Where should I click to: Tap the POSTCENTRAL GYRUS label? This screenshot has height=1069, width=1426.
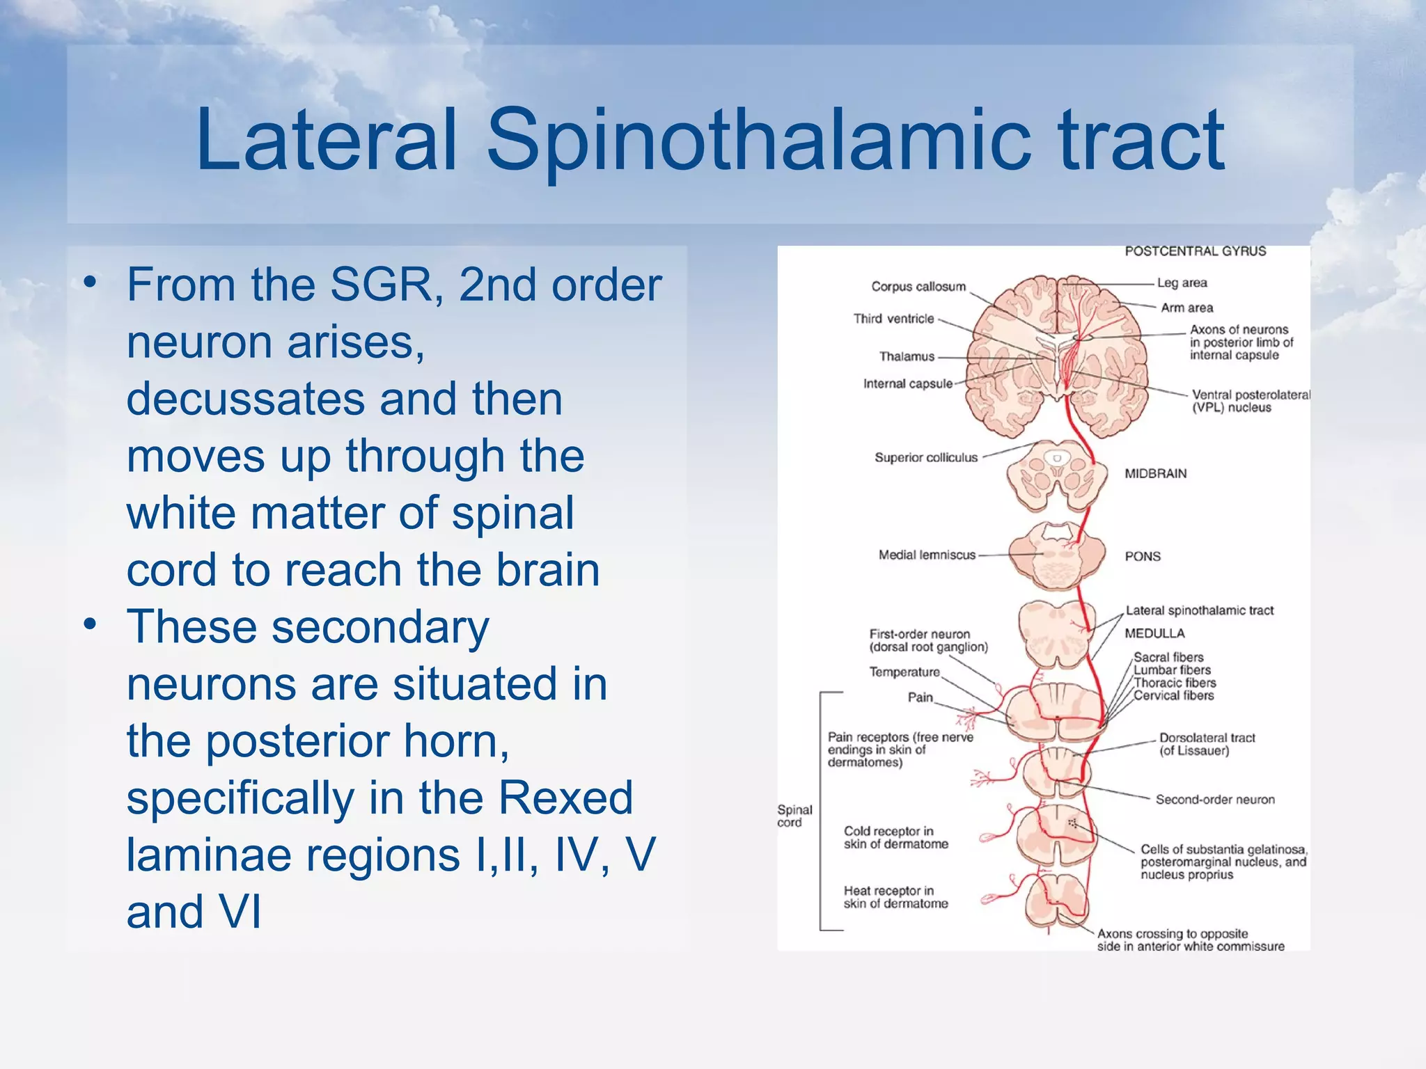point(1195,251)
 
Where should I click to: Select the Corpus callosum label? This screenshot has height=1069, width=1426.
point(918,287)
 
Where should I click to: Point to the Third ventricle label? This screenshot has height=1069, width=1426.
point(893,319)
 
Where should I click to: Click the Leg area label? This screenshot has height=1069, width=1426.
point(1182,283)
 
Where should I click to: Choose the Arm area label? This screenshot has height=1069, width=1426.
point(1186,308)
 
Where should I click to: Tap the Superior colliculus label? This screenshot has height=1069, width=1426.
point(926,457)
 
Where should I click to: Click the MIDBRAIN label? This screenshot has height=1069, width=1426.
point(1155,473)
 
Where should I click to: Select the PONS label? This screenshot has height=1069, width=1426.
point(1143,556)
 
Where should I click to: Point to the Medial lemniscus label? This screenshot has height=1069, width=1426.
point(927,555)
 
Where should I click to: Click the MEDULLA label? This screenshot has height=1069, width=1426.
point(1154,633)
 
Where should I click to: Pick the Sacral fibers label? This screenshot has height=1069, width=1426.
point(1168,657)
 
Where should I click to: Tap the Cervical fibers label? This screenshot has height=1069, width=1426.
point(1173,695)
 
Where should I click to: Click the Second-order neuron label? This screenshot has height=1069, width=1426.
point(1215,800)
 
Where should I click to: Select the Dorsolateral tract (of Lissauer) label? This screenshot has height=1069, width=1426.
point(1207,744)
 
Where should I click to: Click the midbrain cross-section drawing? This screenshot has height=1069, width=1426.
point(1056,477)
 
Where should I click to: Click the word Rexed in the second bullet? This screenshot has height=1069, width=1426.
point(565,798)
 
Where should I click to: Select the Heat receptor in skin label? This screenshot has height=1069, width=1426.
point(895,897)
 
